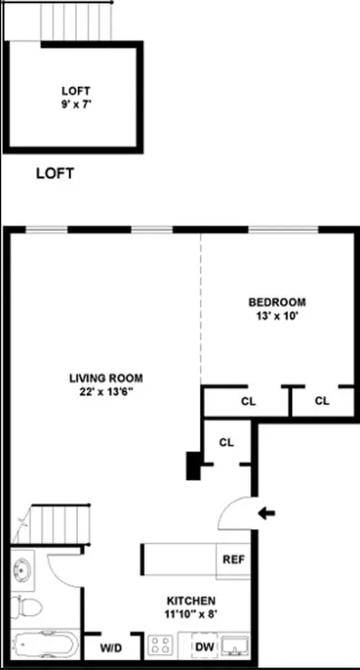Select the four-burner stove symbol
click(x=161, y=646)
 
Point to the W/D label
click(x=111, y=647)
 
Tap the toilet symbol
click(x=27, y=605)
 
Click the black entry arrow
click(x=268, y=513)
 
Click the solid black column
click(x=193, y=466)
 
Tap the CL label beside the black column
click(x=225, y=442)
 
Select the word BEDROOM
click(x=276, y=302)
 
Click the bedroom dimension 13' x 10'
click(x=276, y=317)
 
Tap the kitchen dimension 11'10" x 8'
click(x=191, y=615)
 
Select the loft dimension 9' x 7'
click(x=75, y=106)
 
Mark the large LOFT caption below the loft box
click(x=55, y=174)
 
